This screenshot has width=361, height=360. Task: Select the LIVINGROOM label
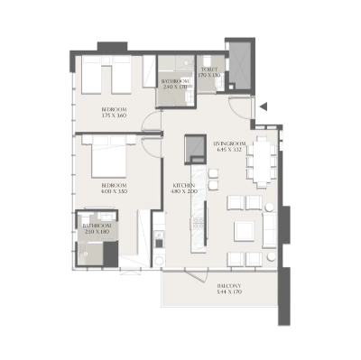(230, 143)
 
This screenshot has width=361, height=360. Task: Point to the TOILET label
(209, 69)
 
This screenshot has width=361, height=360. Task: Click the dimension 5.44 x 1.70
(229, 292)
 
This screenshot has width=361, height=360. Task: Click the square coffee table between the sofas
(245, 231)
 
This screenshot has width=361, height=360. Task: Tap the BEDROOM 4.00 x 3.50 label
(115, 189)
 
